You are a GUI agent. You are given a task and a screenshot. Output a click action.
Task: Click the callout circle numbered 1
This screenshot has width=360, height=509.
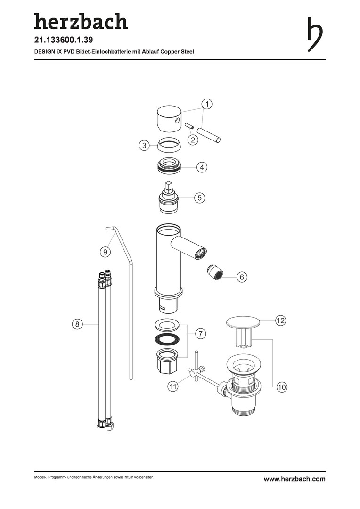coord(207,104)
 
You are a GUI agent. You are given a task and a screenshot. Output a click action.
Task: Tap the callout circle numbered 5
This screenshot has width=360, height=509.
coord(200,197)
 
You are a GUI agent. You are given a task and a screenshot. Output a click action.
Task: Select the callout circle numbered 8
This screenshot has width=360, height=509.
coord(77,324)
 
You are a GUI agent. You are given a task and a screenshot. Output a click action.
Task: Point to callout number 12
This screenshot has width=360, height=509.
coord(280,321)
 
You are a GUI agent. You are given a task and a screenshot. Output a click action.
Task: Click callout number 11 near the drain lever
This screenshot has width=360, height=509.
coord(173,386)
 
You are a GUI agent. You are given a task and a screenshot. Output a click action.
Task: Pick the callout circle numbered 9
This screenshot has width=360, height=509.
coord(105,252)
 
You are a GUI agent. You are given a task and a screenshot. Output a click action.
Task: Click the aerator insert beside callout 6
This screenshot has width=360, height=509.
coord(214,272)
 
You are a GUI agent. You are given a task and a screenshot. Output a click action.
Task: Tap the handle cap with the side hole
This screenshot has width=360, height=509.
coord(169,120)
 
